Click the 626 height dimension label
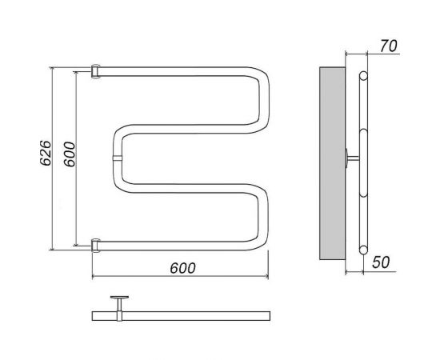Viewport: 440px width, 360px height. click(46, 153)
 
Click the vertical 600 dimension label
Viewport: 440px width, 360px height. click(70, 154)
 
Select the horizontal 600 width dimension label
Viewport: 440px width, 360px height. click(182, 268)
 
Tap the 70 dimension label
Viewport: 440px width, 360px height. click(389, 46)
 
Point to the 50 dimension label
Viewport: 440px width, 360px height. click(381, 262)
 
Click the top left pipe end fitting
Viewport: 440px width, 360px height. click(95, 71)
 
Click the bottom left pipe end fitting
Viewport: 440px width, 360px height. click(95, 246)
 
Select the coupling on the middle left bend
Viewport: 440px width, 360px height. click(118, 158)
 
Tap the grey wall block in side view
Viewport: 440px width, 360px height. click(333, 163)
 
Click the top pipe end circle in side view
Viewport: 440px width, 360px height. click(363, 76)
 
